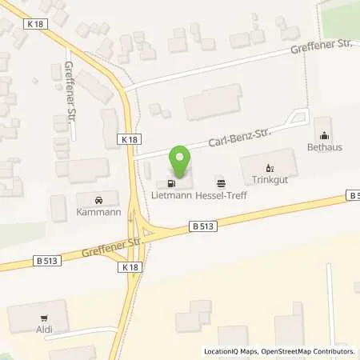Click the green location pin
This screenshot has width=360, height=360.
pyautogui.click(x=180, y=162)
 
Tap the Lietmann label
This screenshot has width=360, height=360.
pyautogui.click(x=170, y=194)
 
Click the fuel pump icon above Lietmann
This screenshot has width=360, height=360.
pyautogui.click(x=170, y=182)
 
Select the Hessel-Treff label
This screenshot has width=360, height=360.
pyautogui.click(x=221, y=194)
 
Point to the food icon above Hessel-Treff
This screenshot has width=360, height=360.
pyautogui.click(x=221, y=182)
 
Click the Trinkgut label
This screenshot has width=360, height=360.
pyautogui.click(x=270, y=180)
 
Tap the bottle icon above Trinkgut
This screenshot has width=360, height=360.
pyautogui.click(x=270, y=168)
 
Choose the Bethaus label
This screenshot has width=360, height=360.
pyautogui.click(x=323, y=147)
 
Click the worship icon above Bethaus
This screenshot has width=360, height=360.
pyautogui.click(x=323, y=135)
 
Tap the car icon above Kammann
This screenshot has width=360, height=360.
pyautogui.click(x=98, y=198)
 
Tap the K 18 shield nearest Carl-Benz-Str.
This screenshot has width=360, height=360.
pyautogui.click(x=130, y=138)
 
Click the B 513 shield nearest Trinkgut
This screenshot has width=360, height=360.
pyautogui.click(x=355, y=195)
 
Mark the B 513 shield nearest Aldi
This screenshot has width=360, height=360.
pyautogui.click(x=46, y=260)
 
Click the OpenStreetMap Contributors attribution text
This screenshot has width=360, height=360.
pyautogui.click(x=310, y=351)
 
